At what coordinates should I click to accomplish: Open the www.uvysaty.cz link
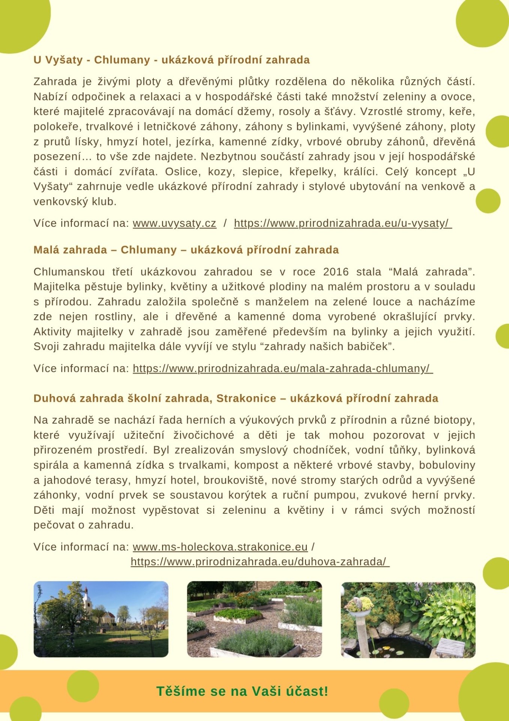pos(174,223)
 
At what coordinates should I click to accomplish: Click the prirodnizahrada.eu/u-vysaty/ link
pos(342,223)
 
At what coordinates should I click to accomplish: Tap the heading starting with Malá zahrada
pos(186,250)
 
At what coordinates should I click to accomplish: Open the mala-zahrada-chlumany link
pos(282,369)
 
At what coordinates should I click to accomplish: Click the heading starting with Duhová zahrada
pos(236,398)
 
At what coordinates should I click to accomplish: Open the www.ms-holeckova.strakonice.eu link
pos(220,547)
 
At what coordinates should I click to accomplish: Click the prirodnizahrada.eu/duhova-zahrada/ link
pos(260,562)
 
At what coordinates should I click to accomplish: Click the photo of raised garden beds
pos(254,620)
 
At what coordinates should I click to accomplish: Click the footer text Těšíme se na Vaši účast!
pos(242,691)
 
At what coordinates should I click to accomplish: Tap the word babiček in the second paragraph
pos(369,347)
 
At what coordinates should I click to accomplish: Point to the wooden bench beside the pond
pos(451,645)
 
